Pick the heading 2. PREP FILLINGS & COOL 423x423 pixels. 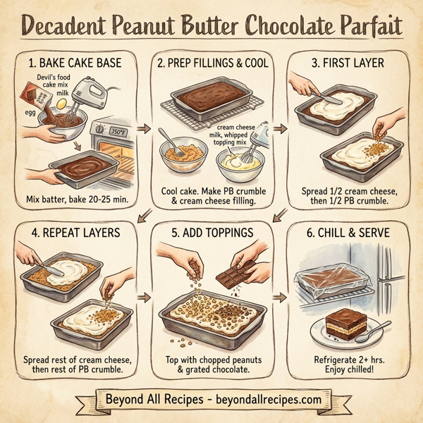click(x=211, y=63)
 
